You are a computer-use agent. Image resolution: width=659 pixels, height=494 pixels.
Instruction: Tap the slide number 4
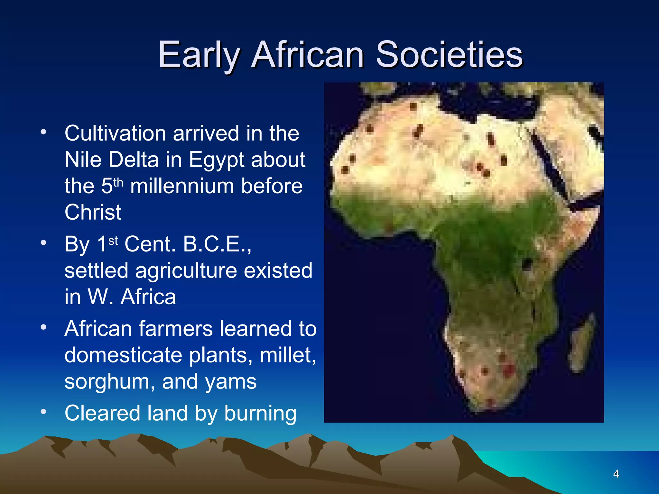point(616,474)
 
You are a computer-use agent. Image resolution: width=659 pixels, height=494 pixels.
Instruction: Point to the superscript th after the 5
point(118,182)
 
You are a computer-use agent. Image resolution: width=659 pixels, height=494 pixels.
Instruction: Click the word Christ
point(93,212)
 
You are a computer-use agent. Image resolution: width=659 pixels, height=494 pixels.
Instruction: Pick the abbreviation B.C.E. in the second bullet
point(217,244)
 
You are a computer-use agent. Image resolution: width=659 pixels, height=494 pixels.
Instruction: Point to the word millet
point(287,355)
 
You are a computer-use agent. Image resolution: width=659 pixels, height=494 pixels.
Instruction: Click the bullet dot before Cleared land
point(43,411)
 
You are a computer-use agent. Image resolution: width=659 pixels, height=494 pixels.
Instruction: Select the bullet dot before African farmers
point(43,327)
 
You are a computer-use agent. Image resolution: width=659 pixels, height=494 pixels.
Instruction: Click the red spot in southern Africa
point(508,370)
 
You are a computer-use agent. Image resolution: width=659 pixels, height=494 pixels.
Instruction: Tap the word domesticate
point(124,355)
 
